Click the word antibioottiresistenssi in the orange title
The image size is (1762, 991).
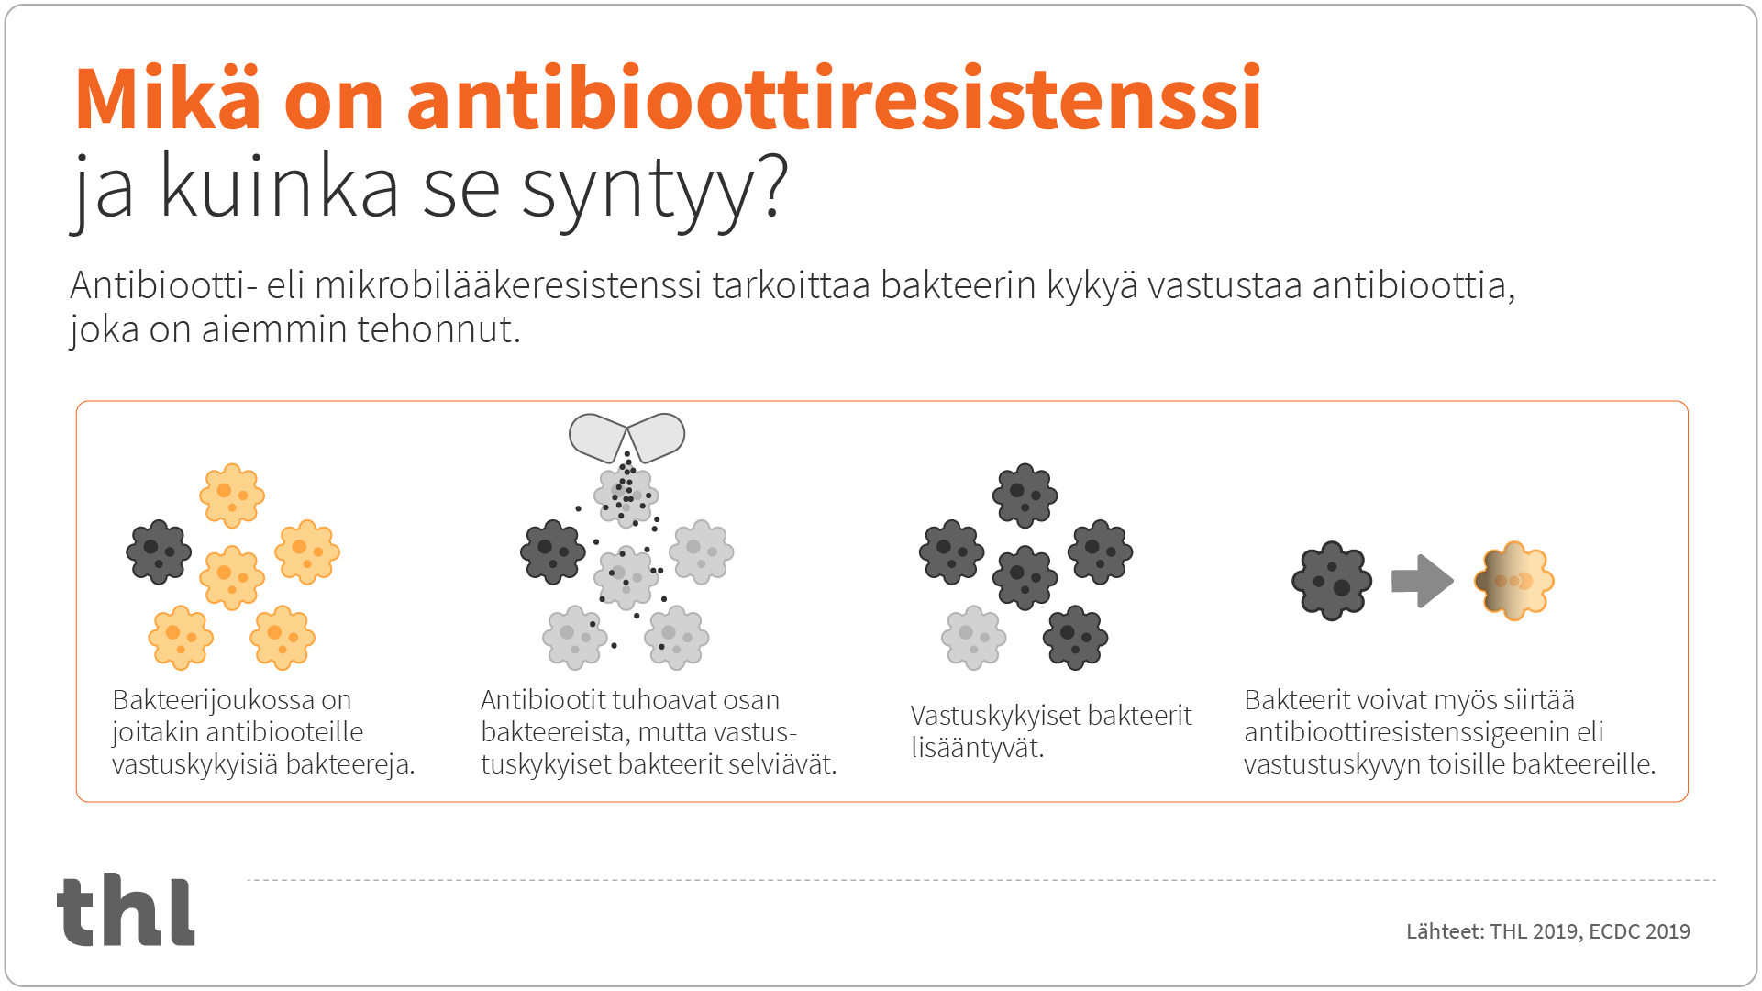coord(834,98)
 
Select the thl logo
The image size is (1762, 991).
coord(127,910)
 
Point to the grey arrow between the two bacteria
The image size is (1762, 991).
coord(1422,581)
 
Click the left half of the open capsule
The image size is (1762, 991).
coord(597,437)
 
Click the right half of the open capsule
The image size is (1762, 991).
coord(657,436)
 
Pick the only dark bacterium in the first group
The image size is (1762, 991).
coord(159,552)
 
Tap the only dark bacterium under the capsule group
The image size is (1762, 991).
coord(552,552)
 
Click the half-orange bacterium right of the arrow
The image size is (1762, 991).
coord(1514,581)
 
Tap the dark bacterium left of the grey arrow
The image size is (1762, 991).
coord(1331,581)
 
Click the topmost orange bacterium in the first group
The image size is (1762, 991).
coord(232,495)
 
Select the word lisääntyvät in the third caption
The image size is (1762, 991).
coord(977,748)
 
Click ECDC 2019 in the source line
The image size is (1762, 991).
coord(1639,931)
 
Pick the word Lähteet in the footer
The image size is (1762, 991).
coord(1445,931)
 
